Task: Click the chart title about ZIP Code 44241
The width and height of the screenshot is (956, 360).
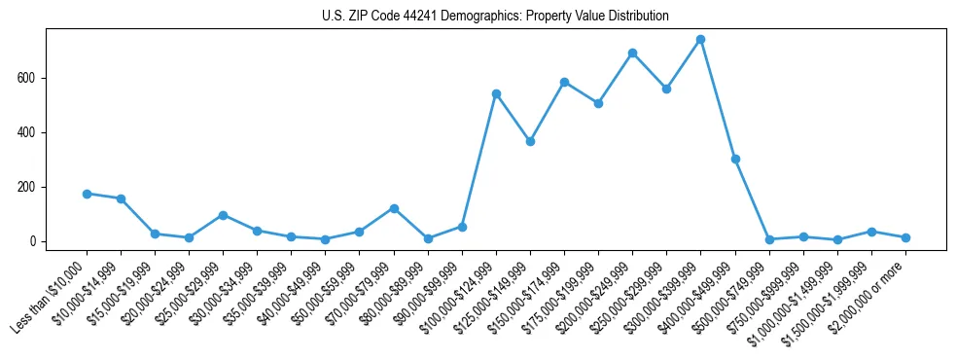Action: [495, 17]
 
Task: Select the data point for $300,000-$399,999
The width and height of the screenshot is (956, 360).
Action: [700, 40]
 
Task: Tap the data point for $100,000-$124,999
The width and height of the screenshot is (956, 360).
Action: [496, 93]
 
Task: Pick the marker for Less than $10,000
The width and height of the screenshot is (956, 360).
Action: [87, 194]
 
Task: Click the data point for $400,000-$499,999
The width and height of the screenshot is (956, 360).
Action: [735, 159]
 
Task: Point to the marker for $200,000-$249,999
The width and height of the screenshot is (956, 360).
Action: [632, 53]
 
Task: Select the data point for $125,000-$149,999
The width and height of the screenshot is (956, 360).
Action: [530, 141]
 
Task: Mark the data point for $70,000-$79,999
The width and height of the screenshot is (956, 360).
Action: [394, 208]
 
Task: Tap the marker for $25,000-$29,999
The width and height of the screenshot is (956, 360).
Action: [223, 215]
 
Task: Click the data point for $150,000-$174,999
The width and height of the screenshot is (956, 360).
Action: [564, 82]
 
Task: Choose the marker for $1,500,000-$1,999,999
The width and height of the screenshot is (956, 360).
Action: [871, 232]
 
